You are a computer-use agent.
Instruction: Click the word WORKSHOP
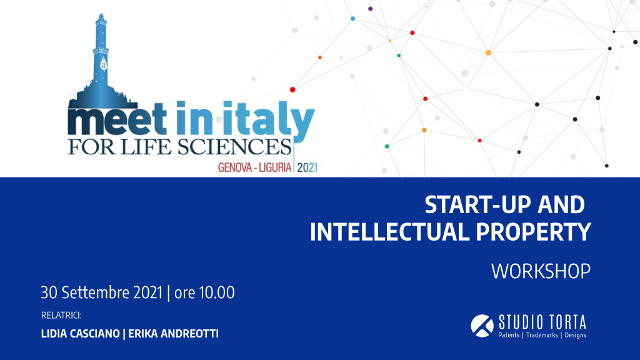(x=541, y=271)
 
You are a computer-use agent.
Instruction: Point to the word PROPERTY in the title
(x=534, y=232)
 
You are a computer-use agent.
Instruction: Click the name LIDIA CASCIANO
(x=81, y=334)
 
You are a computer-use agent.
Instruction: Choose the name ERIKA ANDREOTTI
(x=174, y=334)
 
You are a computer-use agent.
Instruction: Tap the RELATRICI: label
(x=61, y=316)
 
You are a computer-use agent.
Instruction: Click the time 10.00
(x=217, y=292)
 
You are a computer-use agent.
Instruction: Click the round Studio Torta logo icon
(x=482, y=326)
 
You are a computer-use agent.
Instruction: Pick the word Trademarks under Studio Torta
(x=542, y=335)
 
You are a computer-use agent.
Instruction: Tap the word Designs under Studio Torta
(x=575, y=335)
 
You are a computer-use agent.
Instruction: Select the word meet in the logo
(x=117, y=119)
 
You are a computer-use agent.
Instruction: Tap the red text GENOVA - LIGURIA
(x=255, y=167)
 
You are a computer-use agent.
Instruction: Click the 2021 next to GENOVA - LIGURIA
(x=307, y=167)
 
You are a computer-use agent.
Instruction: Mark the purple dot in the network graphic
(x=370, y=9)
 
